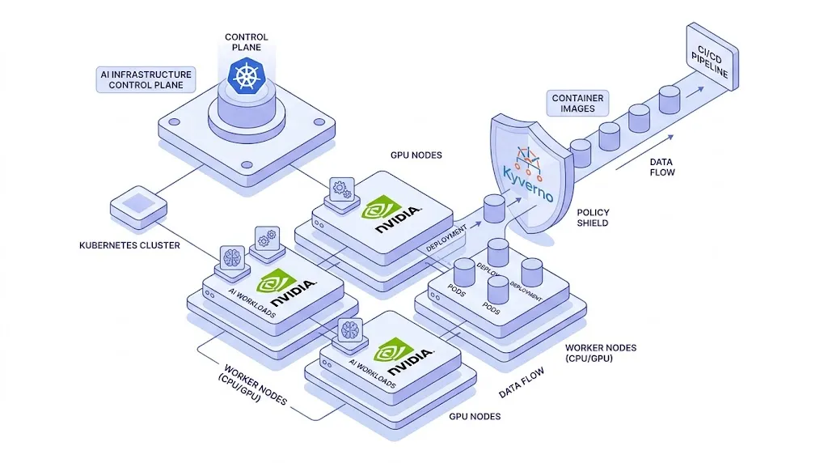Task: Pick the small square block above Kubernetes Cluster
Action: click(133, 202)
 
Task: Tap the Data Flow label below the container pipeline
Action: click(661, 167)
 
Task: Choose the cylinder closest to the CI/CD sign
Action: click(669, 100)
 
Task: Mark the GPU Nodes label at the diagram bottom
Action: click(475, 416)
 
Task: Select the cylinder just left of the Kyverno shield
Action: click(494, 209)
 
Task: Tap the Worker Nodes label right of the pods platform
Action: click(600, 353)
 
